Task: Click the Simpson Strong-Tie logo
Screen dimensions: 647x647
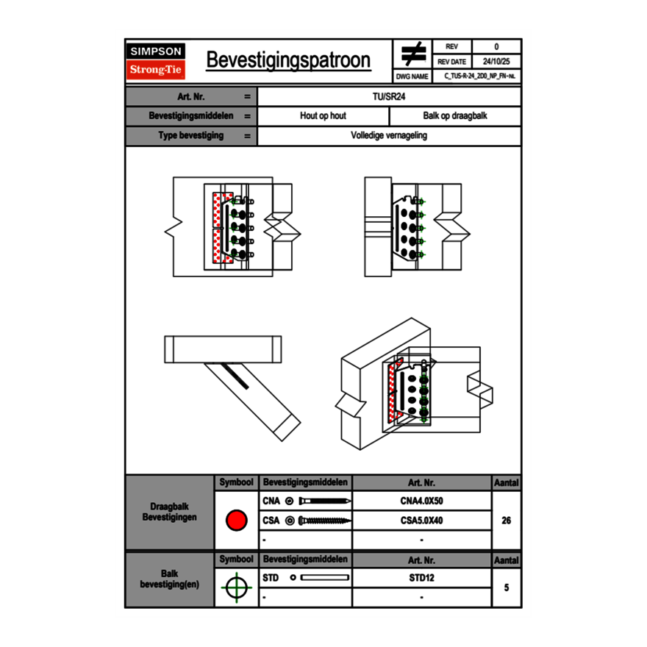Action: [156, 61]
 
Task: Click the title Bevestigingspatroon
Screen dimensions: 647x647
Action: [288, 60]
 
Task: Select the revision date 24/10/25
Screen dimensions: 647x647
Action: [496, 62]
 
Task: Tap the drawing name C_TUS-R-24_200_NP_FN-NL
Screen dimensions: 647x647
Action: [479, 76]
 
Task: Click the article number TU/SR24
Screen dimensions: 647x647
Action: [389, 96]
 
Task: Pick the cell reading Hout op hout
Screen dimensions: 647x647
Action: [323, 116]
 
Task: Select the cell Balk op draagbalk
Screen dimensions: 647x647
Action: [454, 116]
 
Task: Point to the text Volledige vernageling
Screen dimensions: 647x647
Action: [389, 136]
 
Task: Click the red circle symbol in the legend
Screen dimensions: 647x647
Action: [236, 521]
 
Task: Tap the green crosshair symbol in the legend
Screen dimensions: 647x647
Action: [236, 587]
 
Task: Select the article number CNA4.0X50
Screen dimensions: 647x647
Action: [421, 501]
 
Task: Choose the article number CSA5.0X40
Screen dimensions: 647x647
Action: [421, 521]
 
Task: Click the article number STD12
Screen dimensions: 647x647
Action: [421, 578]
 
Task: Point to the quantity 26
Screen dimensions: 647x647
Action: [506, 521]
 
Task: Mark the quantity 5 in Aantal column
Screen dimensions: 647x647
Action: [506, 587]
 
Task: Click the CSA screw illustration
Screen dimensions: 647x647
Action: [323, 521]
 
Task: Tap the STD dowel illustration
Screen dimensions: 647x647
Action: [323, 578]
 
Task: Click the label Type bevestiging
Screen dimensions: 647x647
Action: [190, 136]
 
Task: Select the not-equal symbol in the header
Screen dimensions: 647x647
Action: [413, 54]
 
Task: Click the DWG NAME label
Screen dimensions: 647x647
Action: [412, 76]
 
